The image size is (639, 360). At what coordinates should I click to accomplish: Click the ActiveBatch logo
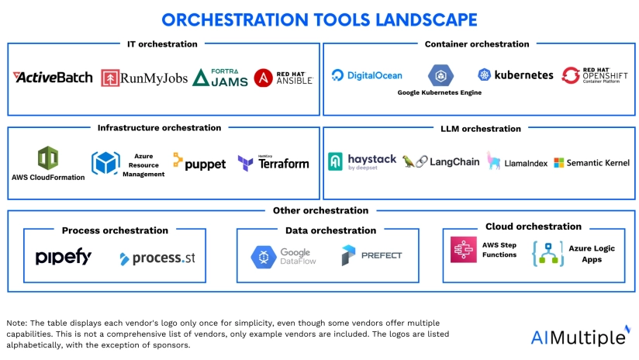(x=53, y=78)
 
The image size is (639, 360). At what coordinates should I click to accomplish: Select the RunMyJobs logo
(x=144, y=78)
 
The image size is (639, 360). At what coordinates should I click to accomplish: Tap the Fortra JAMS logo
(x=220, y=77)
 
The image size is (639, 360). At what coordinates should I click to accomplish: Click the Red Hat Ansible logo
(x=284, y=77)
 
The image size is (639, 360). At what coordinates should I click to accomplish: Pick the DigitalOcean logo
(x=367, y=75)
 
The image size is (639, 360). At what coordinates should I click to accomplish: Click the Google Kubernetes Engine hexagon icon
(x=440, y=75)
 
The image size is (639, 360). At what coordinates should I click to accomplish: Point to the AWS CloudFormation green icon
(x=48, y=157)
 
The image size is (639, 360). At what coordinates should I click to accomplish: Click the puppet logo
(x=199, y=162)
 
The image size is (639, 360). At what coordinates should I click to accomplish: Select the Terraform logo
(x=273, y=163)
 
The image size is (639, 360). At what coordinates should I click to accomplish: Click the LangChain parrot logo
(x=438, y=161)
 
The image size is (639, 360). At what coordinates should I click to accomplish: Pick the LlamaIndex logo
(x=515, y=161)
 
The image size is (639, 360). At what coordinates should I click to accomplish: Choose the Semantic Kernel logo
(x=591, y=162)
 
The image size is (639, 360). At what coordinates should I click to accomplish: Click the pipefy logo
(x=64, y=257)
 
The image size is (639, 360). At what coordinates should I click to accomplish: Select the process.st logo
(x=157, y=258)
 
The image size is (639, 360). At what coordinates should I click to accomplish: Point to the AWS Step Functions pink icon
(x=463, y=249)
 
